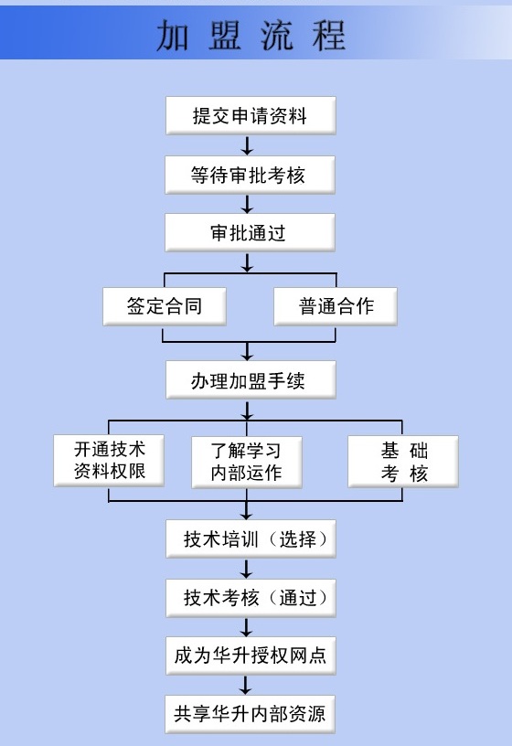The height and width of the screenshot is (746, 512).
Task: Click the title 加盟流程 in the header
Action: click(x=251, y=36)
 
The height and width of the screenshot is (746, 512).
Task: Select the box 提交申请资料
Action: click(x=251, y=115)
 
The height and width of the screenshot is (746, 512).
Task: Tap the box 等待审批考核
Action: click(x=250, y=175)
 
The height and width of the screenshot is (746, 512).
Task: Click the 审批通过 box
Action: click(x=250, y=232)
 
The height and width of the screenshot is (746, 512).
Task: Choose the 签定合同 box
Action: click(x=165, y=306)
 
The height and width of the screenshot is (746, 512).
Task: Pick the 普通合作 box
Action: click(x=336, y=306)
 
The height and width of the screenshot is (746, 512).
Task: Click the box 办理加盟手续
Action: click(x=251, y=380)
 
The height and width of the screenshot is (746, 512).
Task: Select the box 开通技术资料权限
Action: click(x=109, y=461)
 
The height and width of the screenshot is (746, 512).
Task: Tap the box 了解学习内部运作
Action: click(x=247, y=462)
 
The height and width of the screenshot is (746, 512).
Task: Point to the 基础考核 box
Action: click(x=403, y=462)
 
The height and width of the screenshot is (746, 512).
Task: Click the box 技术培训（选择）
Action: click(x=251, y=539)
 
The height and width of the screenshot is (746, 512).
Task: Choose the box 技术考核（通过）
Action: click(x=251, y=598)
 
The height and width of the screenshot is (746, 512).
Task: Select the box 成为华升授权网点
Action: click(x=251, y=655)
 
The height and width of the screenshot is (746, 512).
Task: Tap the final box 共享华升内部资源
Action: click(x=250, y=714)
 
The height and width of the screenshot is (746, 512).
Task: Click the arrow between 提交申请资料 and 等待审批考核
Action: click(x=247, y=145)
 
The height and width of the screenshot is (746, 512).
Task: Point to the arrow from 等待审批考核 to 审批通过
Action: click(x=247, y=204)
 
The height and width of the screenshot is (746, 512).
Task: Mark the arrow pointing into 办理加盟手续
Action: click(x=247, y=351)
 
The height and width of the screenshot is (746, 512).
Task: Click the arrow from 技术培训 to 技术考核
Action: click(x=246, y=569)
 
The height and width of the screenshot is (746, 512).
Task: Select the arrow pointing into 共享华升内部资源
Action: click(x=246, y=686)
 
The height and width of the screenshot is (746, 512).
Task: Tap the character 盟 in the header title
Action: click(x=225, y=36)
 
